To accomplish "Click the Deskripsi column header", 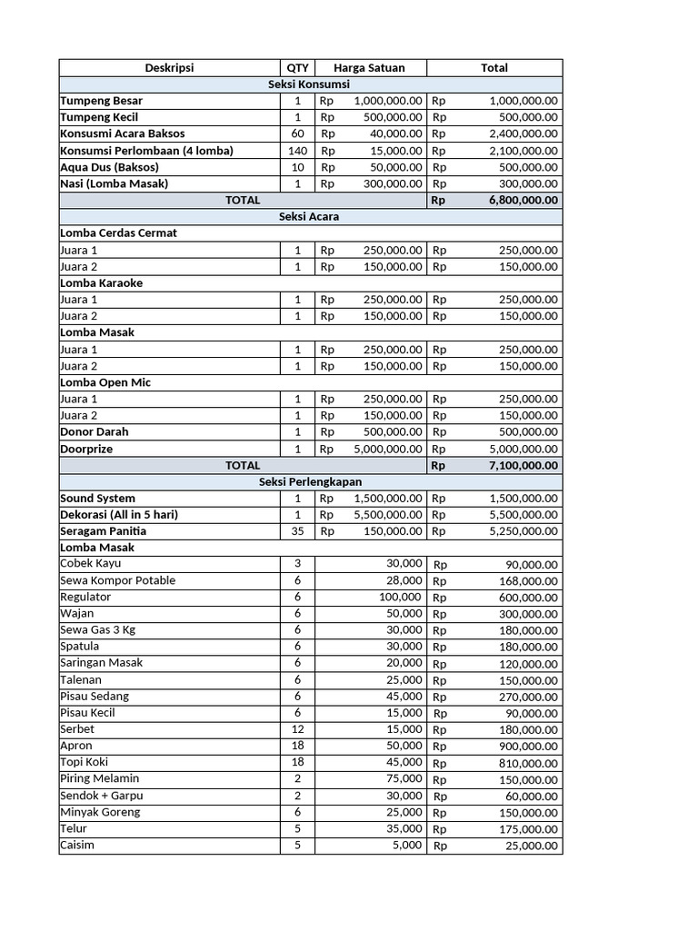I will pyautogui.click(x=169, y=67).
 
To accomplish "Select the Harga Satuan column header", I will pyautogui.click(x=369, y=67).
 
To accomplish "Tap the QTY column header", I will pyautogui.click(x=297, y=67).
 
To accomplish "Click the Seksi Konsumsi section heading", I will pyautogui.click(x=310, y=84).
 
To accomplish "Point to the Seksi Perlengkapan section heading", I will pyautogui.click(x=310, y=481).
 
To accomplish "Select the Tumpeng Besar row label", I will pyautogui.click(x=102, y=101).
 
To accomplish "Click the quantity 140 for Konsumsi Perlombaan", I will pyautogui.click(x=297, y=151).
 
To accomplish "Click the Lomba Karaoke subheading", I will pyautogui.click(x=102, y=282).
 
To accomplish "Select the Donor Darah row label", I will pyautogui.click(x=95, y=431).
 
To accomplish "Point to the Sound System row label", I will pyautogui.click(x=97, y=498).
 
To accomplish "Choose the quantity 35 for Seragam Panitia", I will pyautogui.click(x=297, y=530).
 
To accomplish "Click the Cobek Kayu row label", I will pyautogui.click(x=90, y=564).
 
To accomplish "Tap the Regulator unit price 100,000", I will pyautogui.click(x=400, y=597).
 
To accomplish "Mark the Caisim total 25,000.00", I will pyautogui.click(x=532, y=846).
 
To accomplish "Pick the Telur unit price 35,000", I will pyautogui.click(x=403, y=828).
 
